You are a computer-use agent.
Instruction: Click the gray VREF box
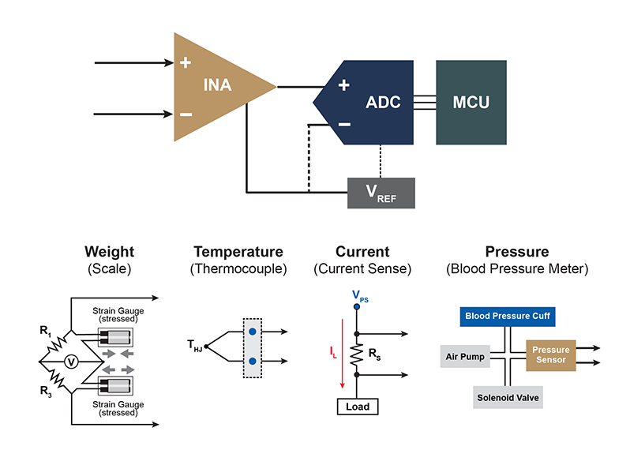[381, 193]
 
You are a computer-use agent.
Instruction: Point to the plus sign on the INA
[186, 62]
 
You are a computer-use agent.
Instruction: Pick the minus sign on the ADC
[343, 124]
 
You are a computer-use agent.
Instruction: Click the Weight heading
[110, 252]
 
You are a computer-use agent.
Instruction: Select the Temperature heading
[238, 252]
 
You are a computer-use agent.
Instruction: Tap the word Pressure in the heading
[517, 252]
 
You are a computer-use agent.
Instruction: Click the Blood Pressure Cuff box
[508, 317]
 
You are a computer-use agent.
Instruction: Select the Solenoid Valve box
[508, 396]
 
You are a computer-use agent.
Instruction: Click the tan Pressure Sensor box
[550, 356]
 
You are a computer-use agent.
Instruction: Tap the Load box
[357, 407]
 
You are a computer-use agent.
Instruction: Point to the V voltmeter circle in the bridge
[70, 362]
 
